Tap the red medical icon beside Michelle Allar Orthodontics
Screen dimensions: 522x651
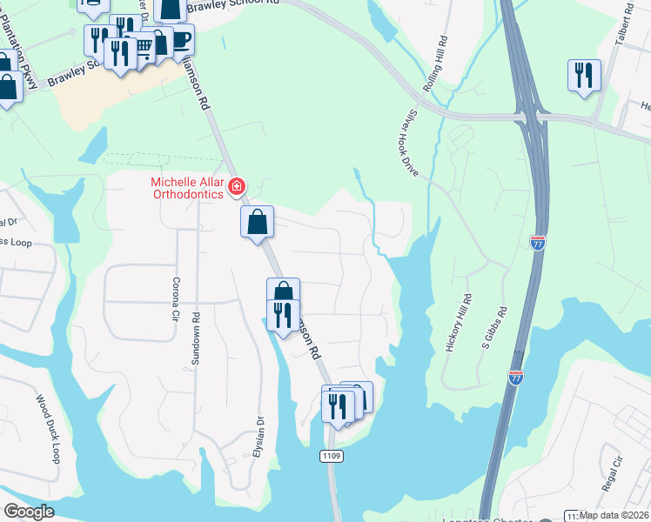point(236,186)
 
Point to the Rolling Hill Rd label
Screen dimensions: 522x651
point(435,64)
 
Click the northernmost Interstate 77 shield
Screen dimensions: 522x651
point(538,243)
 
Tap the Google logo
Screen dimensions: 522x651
point(30,512)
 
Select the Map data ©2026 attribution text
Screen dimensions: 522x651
point(614,515)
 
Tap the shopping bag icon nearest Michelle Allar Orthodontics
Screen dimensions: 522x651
point(258,222)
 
